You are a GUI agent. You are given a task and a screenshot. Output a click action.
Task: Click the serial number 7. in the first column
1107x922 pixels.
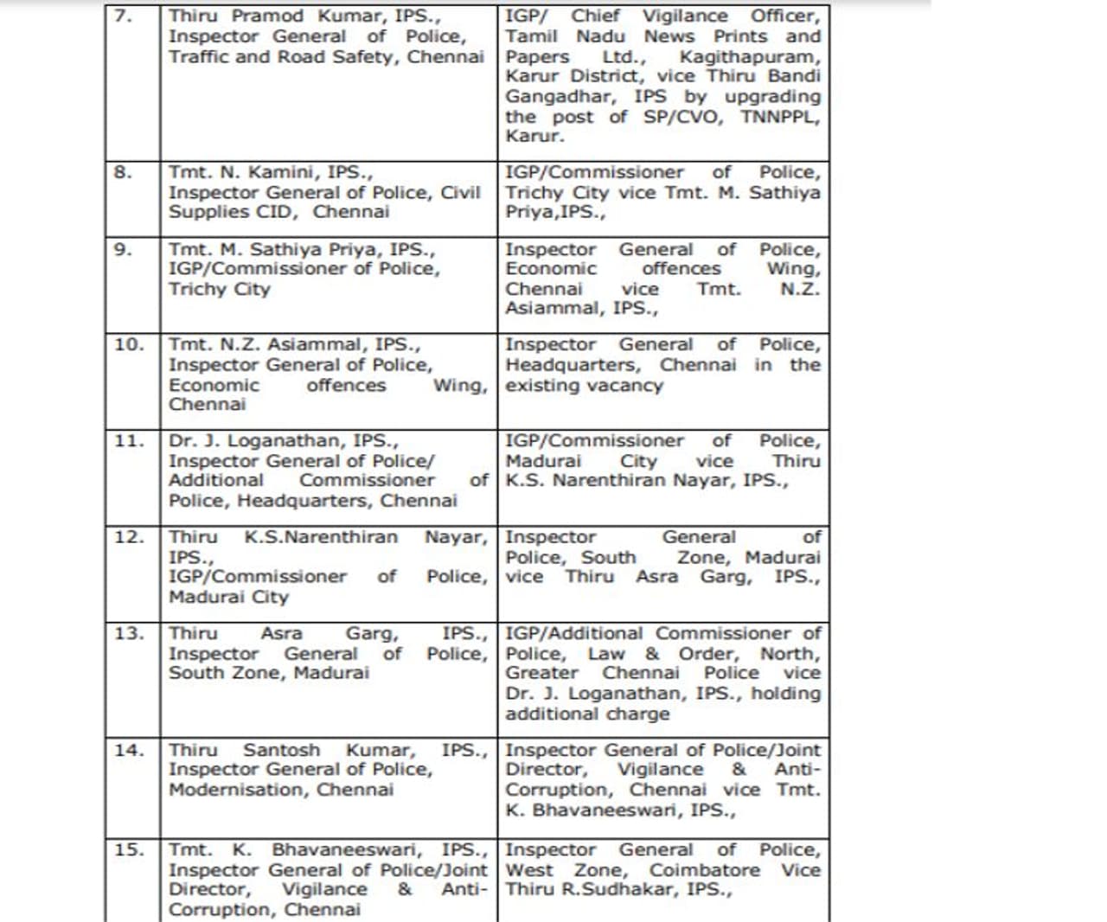click(123, 16)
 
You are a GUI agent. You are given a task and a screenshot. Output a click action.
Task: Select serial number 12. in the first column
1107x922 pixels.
click(128, 537)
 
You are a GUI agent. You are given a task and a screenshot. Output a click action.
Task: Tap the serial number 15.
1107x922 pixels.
click(128, 849)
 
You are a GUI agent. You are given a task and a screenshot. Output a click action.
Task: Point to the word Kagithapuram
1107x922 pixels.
click(750, 57)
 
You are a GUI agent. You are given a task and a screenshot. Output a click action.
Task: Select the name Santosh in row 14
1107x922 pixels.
click(281, 750)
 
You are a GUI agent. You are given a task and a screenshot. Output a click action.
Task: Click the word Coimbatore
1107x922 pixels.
click(705, 870)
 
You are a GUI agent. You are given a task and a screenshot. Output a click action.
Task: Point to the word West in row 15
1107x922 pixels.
click(529, 870)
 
